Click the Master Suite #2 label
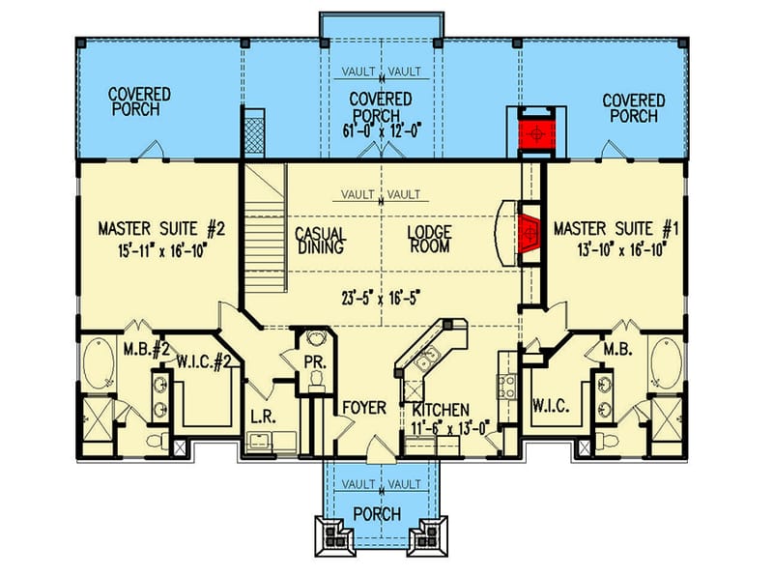(x=160, y=230)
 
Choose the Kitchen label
(x=437, y=410)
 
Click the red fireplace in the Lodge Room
(x=528, y=233)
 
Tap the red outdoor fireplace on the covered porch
(x=532, y=131)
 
